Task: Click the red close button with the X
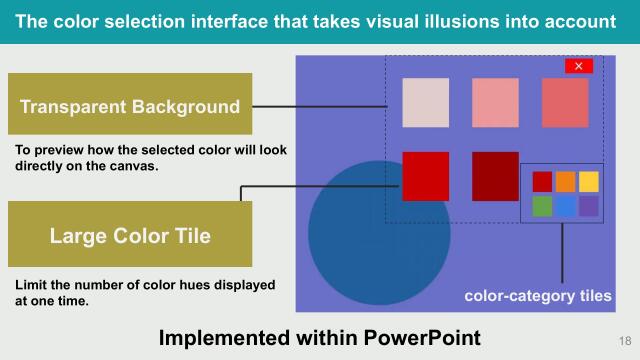[579, 66]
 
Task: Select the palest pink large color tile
[426, 103]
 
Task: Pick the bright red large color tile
[425, 176]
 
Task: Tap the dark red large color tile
[495, 176]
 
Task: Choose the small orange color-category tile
[565, 182]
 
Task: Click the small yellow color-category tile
[589, 182]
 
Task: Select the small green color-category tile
[542, 206]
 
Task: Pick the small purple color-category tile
[589, 206]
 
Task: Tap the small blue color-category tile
[565, 206]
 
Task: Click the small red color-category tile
[542, 182]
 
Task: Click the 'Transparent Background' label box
[130, 106]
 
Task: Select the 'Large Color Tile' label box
[130, 236]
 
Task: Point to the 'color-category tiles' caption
[537, 297]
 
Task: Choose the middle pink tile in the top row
[496, 103]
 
